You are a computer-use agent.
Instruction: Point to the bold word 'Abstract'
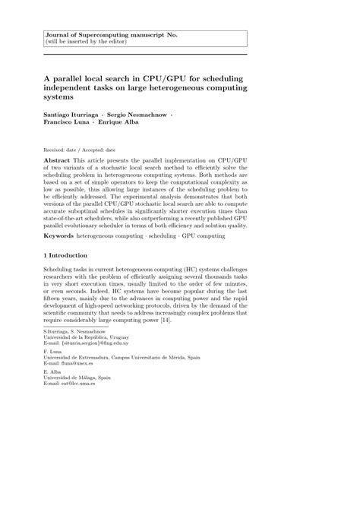click(x=57, y=162)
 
